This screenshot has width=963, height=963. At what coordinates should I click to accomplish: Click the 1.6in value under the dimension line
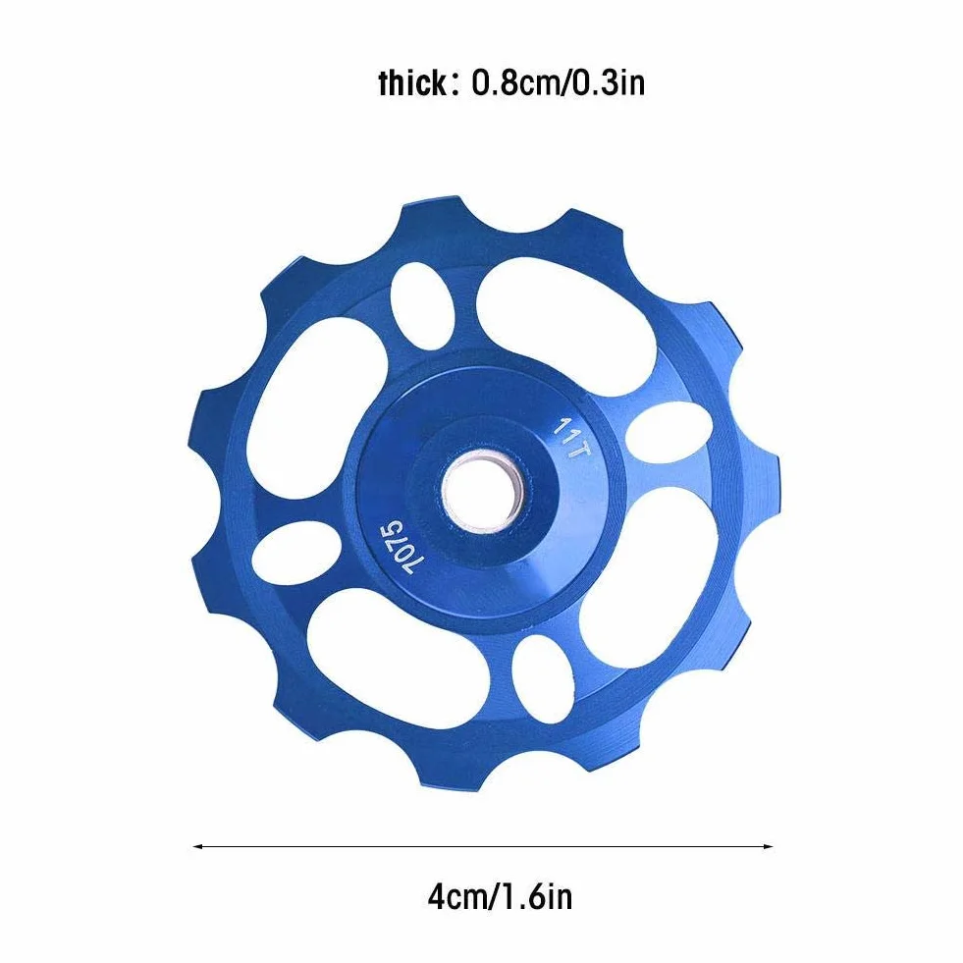(x=537, y=897)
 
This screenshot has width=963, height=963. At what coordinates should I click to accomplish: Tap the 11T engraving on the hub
(x=572, y=437)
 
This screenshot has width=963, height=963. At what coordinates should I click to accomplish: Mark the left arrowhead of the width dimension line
(x=197, y=847)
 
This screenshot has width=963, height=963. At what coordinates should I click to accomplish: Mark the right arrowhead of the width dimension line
(x=768, y=847)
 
